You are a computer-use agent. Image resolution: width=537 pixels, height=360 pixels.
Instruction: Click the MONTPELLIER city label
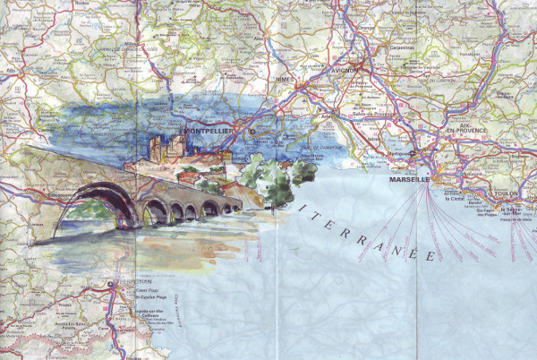pos(214,131)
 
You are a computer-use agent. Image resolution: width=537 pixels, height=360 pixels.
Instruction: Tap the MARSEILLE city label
pos(409,180)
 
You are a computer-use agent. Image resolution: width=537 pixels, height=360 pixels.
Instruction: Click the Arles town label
pos(328,115)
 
